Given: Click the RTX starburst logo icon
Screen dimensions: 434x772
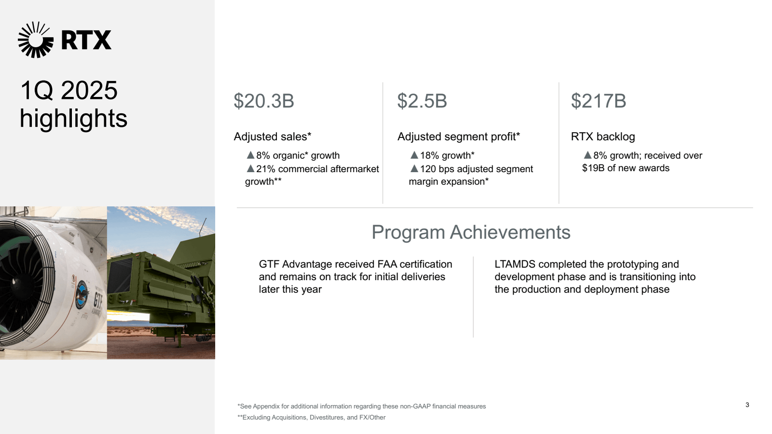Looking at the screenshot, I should [x=35, y=40].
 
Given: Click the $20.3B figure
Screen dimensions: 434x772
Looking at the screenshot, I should [x=263, y=101].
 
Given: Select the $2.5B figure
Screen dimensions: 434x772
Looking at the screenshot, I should [x=422, y=101].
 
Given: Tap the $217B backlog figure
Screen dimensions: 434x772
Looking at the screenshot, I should [x=598, y=101].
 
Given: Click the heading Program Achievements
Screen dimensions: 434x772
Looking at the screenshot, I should [x=470, y=232].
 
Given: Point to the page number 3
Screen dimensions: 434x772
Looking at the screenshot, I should [x=747, y=405].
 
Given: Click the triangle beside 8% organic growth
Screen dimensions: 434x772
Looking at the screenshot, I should [x=250, y=155].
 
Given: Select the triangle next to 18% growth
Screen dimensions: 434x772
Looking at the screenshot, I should [x=414, y=155].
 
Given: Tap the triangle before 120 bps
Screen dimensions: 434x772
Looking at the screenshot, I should [x=414, y=169].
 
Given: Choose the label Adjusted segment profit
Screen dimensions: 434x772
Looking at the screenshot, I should [x=458, y=137].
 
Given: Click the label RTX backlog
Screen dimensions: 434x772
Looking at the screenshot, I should [x=603, y=137].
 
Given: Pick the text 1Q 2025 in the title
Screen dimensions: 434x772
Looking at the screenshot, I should [x=69, y=91].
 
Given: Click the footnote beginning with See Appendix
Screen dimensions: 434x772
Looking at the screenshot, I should [x=361, y=407].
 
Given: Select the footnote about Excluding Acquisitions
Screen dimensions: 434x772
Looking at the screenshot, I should [x=311, y=418].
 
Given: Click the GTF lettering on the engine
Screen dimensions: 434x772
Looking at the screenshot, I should [x=98, y=300].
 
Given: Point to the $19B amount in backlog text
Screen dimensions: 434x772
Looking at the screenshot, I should [x=593, y=168].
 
